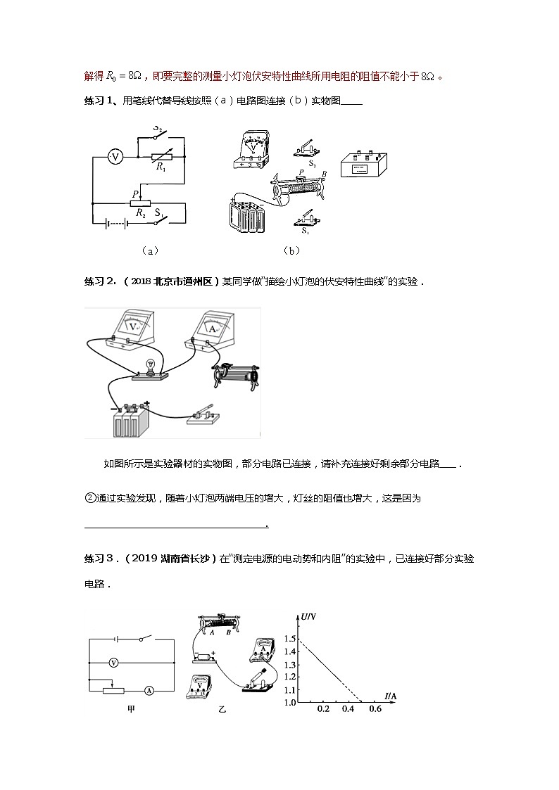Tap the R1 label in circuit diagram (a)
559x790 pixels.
(x=161, y=168)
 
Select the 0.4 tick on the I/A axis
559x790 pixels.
(x=348, y=709)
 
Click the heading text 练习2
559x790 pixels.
(x=99, y=281)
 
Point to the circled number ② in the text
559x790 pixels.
(x=89, y=498)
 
